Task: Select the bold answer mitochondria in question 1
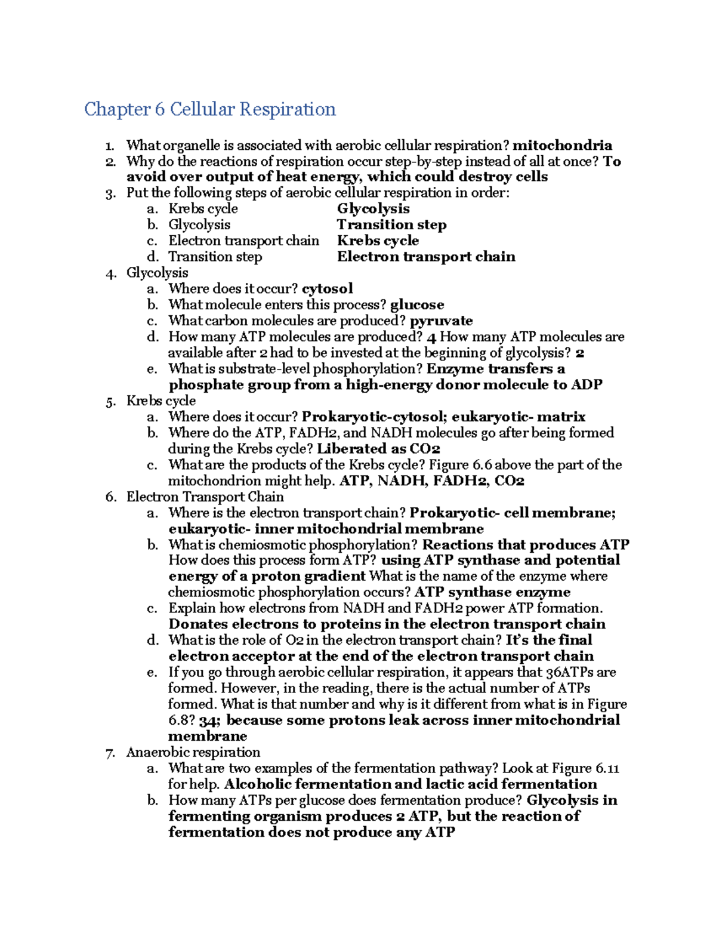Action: click(562, 146)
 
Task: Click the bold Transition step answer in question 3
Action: click(391, 225)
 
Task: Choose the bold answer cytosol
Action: click(327, 289)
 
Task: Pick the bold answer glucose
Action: click(416, 305)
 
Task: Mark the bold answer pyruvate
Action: click(441, 321)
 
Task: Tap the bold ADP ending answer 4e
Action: click(586, 385)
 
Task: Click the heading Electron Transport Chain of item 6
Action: click(205, 497)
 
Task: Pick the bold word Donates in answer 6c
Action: click(197, 624)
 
